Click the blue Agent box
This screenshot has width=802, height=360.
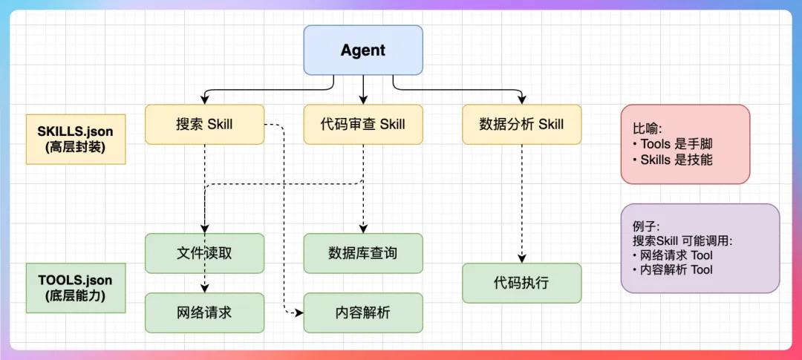pyautogui.click(x=363, y=50)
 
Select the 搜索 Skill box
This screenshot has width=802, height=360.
pyautogui.click(x=204, y=124)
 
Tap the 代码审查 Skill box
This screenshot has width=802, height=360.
pyautogui.click(x=363, y=124)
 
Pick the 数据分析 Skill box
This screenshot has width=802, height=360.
pyautogui.click(x=521, y=124)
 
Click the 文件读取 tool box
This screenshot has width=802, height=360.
pyautogui.click(x=204, y=253)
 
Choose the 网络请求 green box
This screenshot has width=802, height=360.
pyautogui.click(x=204, y=312)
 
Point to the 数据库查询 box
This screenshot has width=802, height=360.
pyautogui.click(x=363, y=253)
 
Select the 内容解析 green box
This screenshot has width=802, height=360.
pyautogui.click(x=363, y=312)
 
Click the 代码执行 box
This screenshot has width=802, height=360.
pyautogui.click(x=521, y=283)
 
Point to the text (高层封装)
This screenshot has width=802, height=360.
pyautogui.click(x=76, y=147)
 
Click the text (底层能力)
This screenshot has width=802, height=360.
pyautogui.click(x=76, y=295)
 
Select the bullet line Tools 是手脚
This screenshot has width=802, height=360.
pyautogui.click(x=673, y=144)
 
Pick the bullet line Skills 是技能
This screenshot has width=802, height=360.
pyautogui.click(x=673, y=159)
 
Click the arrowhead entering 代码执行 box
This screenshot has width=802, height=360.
pyautogui.click(x=521, y=259)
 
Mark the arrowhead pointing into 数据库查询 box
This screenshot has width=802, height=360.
pyautogui.click(x=363, y=229)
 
